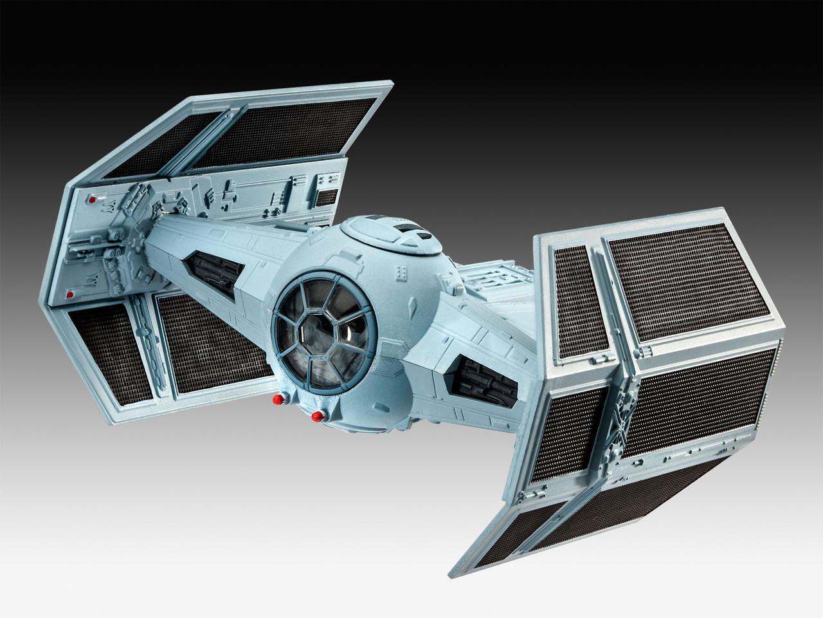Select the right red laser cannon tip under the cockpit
click(x=315, y=418)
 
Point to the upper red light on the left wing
click(x=92, y=200)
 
